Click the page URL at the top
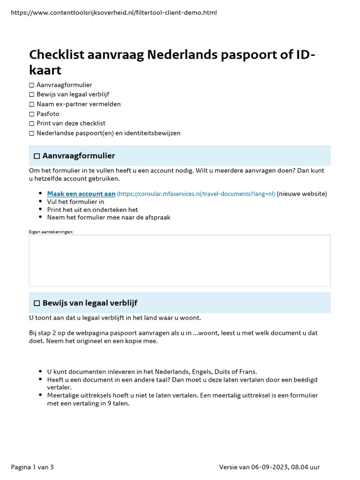pyautogui.click(x=113, y=13)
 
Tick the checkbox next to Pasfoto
pyautogui.click(x=32, y=114)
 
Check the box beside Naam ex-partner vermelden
pyautogui.click(x=32, y=104)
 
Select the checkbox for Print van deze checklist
pyautogui.click(x=32, y=123)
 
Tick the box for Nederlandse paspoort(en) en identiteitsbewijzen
pyautogui.click(x=32, y=133)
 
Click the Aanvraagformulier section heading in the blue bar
pyautogui.click(x=78, y=156)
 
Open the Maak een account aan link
pyautogui.click(x=81, y=194)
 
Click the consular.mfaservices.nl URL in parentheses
pyautogui.click(x=195, y=194)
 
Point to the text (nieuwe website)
pyautogui.click(x=302, y=194)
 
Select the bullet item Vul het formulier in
pyautogui.click(x=75, y=202)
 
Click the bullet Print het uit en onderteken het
pyautogui.click(x=92, y=210)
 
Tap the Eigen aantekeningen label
pyautogui.click(x=51, y=232)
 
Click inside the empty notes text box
pyautogui.click(x=180, y=260)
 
